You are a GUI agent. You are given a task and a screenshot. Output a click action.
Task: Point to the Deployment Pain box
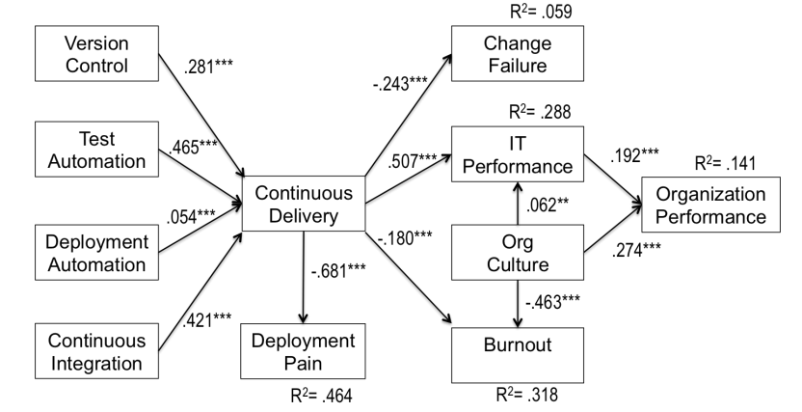(304, 351)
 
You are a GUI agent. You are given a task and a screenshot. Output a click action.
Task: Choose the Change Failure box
(516, 54)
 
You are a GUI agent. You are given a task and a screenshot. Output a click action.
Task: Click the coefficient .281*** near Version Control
(210, 69)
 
